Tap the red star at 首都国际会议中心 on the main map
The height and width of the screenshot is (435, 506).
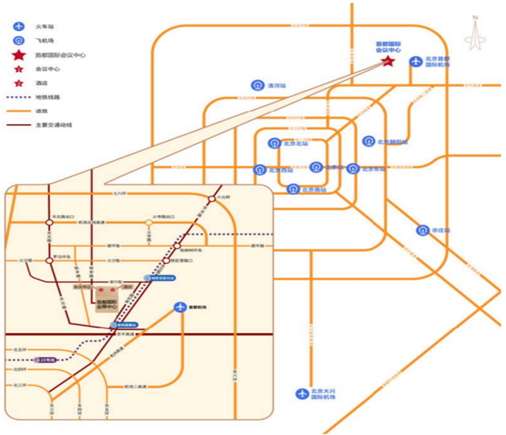coord(387,61)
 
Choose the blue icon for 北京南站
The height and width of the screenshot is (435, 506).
coord(292,189)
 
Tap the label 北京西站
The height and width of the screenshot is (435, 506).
coord(282,169)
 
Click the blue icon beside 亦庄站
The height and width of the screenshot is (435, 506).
coord(422,230)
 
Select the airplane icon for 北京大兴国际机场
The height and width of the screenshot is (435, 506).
coord(302,393)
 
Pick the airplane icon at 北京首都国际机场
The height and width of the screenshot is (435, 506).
coord(415,61)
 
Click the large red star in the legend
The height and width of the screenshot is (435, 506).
coord(17,55)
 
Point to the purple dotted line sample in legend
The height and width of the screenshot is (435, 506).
coord(17,97)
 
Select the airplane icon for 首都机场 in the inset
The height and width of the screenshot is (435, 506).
coord(181,307)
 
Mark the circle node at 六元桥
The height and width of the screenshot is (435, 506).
coord(212,199)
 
